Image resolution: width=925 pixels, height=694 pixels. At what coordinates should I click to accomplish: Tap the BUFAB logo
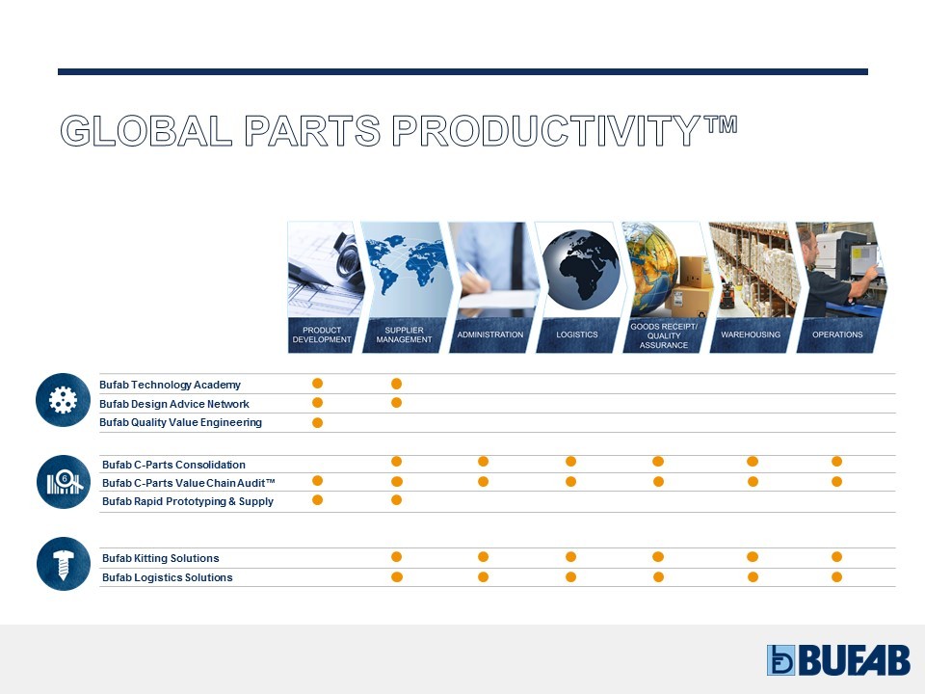pyautogui.click(x=838, y=659)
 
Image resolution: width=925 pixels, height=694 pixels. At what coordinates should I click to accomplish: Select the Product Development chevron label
pyautogui.click(x=322, y=334)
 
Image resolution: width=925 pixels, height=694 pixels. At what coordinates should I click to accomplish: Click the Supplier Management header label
pyautogui.click(x=404, y=334)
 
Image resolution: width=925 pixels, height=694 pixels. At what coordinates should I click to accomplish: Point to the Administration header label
pyautogui.click(x=490, y=334)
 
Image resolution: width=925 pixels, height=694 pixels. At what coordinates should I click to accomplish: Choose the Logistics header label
pyautogui.click(x=577, y=334)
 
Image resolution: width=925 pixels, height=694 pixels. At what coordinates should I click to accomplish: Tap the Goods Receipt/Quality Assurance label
pyautogui.click(x=664, y=335)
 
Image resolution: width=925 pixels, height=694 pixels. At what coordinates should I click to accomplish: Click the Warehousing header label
pyautogui.click(x=751, y=334)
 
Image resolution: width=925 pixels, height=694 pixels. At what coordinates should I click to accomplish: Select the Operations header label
pyautogui.click(x=837, y=334)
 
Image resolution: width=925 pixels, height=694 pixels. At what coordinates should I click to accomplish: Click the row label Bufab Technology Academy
pyautogui.click(x=170, y=385)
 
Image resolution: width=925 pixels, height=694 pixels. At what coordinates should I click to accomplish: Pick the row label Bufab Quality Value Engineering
pyautogui.click(x=180, y=422)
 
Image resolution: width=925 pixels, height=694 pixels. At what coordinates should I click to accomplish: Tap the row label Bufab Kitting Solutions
pyautogui.click(x=161, y=558)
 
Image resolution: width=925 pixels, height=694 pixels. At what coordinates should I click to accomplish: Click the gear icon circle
pyautogui.click(x=63, y=400)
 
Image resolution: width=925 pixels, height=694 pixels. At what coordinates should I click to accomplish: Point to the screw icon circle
pyautogui.click(x=64, y=564)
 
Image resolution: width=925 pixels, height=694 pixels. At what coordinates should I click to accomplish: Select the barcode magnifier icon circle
pyautogui.click(x=64, y=482)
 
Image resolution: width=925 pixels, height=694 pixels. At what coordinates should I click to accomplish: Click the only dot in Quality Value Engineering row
pyautogui.click(x=317, y=422)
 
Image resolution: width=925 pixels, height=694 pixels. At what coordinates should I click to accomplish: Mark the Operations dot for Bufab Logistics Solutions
pyautogui.click(x=836, y=577)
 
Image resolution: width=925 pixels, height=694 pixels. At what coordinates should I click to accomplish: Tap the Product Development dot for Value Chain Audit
pyautogui.click(x=317, y=480)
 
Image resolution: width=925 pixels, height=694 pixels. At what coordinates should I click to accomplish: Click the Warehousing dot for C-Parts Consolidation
pyautogui.click(x=753, y=462)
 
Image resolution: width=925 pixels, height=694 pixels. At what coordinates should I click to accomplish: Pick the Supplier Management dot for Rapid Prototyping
pyautogui.click(x=396, y=500)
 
